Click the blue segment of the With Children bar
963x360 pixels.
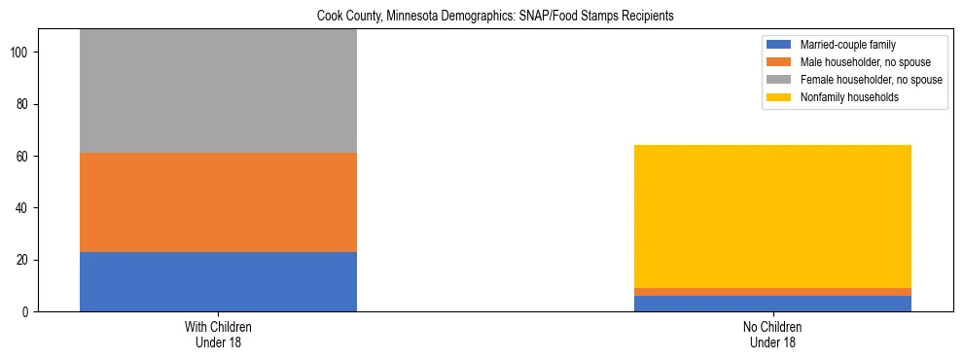(218, 281)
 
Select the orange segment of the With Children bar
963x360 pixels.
(218, 202)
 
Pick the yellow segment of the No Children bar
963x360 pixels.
(772, 216)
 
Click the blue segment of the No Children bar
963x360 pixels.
(772, 304)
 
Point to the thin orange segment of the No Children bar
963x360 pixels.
(772, 292)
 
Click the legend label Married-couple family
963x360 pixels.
(845, 45)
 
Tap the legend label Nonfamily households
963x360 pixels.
(843, 97)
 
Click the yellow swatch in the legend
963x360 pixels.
(779, 97)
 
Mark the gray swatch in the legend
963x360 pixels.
(779, 80)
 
